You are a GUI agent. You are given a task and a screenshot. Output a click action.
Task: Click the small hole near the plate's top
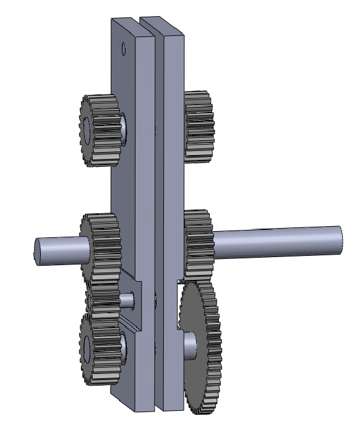pyautogui.click(x=124, y=47)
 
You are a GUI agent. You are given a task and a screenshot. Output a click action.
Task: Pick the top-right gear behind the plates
pyautogui.click(x=199, y=127)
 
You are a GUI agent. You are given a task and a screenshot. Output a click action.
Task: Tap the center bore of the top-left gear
pyautogui.click(x=85, y=128)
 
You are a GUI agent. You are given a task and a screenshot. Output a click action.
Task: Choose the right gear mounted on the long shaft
pyautogui.click(x=198, y=244)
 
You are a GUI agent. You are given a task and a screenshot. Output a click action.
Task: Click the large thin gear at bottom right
pyautogui.click(x=201, y=346)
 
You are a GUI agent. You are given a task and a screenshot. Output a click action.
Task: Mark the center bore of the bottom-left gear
pyautogui.click(x=85, y=346)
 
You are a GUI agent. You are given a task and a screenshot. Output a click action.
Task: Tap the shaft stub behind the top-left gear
pyautogui.click(x=124, y=127)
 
